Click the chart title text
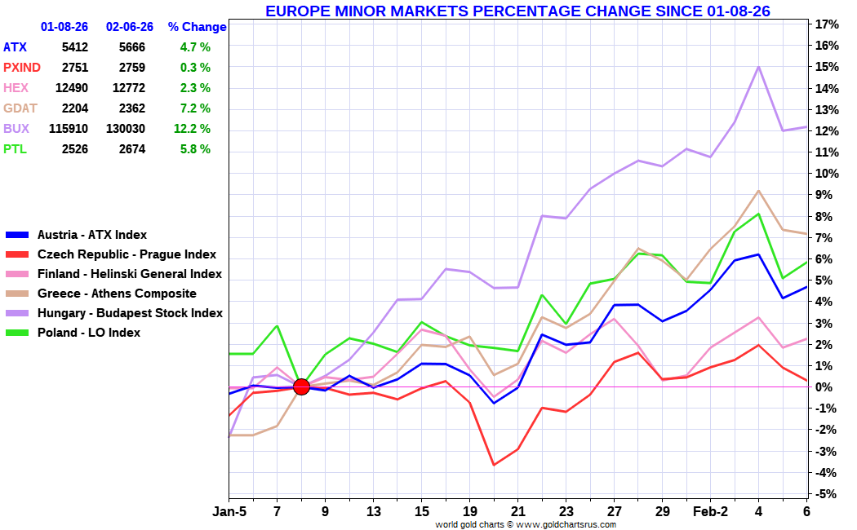pyautogui.click(x=517, y=11)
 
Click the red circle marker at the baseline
pyautogui.click(x=301, y=386)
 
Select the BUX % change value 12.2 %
pyautogui.click(x=192, y=129)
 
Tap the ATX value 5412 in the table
pyautogui.click(x=74, y=47)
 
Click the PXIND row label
pyautogui.click(x=22, y=68)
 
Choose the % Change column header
pyautogui.click(x=197, y=27)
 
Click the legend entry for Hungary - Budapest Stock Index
pyautogui.click(x=130, y=313)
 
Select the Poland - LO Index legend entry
pyautogui.click(x=89, y=333)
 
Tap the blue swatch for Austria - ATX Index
pyautogui.click(x=18, y=235)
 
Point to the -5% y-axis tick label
pyautogui.click(x=828, y=494)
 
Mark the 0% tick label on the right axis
pyautogui.click(x=826, y=387)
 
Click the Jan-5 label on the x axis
pyautogui.click(x=229, y=512)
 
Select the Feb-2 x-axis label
pyautogui.click(x=710, y=512)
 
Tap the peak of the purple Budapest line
pyautogui.click(x=759, y=67)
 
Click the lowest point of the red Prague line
pyautogui.click(x=493, y=465)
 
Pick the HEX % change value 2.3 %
pyautogui.click(x=195, y=88)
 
